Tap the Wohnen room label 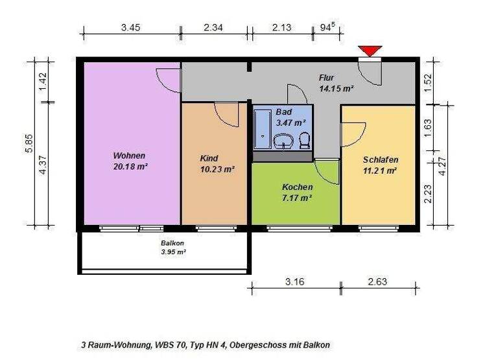pyautogui.click(x=129, y=156)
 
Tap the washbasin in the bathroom pyautogui.click(x=284, y=141)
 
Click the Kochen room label pyautogui.click(x=297, y=187)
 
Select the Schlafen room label pyautogui.click(x=380, y=160)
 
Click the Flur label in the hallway pyautogui.click(x=327, y=77)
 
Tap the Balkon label pyautogui.click(x=173, y=243)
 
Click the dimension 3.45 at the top pyautogui.click(x=130, y=28)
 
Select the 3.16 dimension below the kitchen pyautogui.click(x=295, y=281)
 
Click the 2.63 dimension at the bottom pyautogui.click(x=379, y=281)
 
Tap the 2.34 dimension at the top pyautogui.click(x=214, y=28)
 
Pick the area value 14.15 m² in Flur pyautogui.click(x=336, y=88)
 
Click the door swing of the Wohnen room pyautogui.click(x=170, y=82)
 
